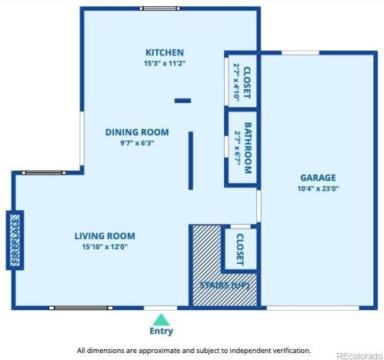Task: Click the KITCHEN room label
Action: tap(165, 52)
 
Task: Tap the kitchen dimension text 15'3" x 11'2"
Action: tap(165, 63)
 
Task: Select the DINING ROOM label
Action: tap(137, 132)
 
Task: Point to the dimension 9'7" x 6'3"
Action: tap(137, 143)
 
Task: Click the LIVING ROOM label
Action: tap(105, 236)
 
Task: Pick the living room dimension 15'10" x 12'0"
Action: tap(105, 247)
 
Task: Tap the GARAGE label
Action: tap(318, 178)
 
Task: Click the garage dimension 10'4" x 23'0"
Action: tap(318, 188)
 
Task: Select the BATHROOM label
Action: tap(248, 148)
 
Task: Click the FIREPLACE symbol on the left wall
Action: tap(15, 240)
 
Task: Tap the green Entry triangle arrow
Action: tap(161, 320)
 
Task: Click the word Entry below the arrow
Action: tap(161, 331)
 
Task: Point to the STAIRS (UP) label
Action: tap(225, 285)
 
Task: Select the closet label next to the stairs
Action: tap(239, 249)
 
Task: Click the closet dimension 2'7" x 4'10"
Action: tap(236, 82)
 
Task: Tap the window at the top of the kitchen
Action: tap(159, 8)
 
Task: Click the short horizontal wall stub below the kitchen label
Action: tap(182, 101)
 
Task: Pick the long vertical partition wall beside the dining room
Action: tap(191, 161)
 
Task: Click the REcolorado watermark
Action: tap(359, 356)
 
